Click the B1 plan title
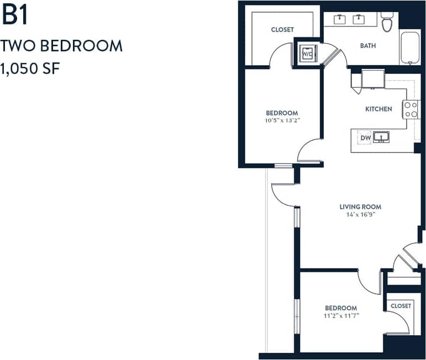pos(15,15)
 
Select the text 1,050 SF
pos(30,69)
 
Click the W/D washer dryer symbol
pos(307,54)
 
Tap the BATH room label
pos(368,46)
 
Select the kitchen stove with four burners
pos(411,109)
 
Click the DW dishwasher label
pos(365,137)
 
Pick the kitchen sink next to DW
pos(381,136)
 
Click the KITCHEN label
pos(378,109)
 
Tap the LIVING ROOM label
pos(360,207)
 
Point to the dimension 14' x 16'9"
pos(360,215)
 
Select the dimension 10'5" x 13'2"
pos(282,120)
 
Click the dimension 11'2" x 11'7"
pos(341,315)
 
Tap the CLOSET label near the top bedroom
pos(282,29)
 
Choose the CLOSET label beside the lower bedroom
pos(401,305)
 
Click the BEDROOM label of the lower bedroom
pos(341,308)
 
